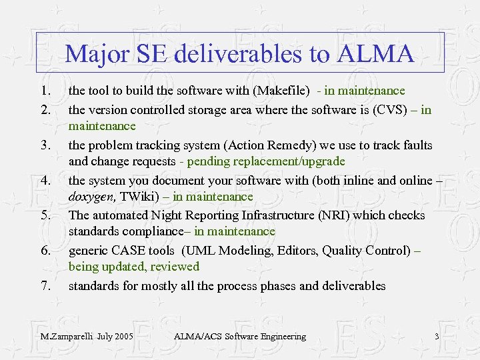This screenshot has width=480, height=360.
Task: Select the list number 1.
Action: pyautogui.click(x=45, y=90)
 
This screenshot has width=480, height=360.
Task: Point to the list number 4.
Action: pyautogui.click(x=45, y=180)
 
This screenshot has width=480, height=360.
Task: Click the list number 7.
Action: pyautogui.click(x=45, y=285)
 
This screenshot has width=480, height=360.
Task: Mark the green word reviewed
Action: pyautogui.click(x=175, y=267)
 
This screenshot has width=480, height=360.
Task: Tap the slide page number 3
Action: pyautogui.click(x=437, y=336)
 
